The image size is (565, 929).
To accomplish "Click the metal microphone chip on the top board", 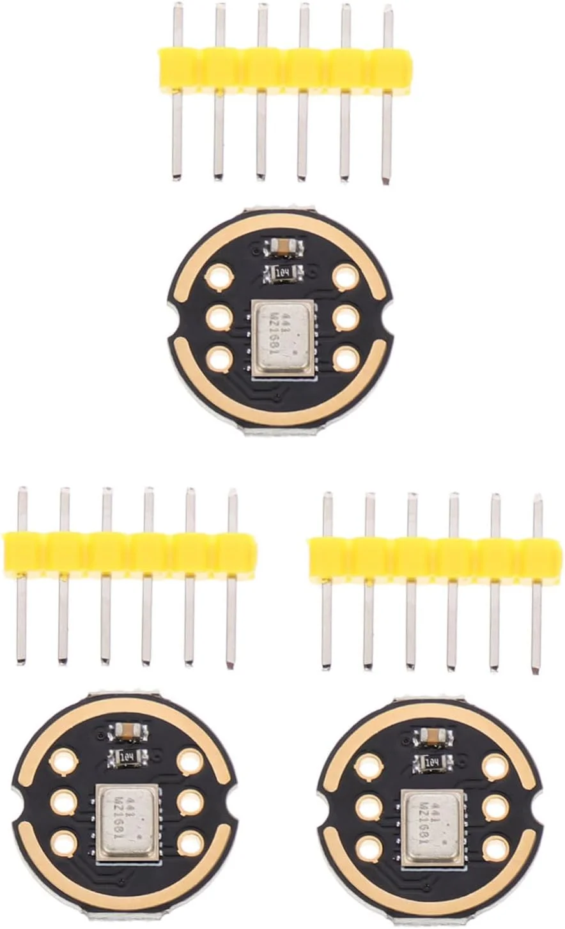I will pos(284,337).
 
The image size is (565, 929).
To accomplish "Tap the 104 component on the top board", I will pos(282,273).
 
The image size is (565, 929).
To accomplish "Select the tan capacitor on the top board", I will pos(282,245).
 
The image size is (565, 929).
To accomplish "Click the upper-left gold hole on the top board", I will pos(219,277).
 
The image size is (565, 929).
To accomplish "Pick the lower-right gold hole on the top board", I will pos(346,358).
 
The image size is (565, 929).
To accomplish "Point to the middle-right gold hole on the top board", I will pos(346,318).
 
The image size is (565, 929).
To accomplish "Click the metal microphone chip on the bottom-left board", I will pos(127,820).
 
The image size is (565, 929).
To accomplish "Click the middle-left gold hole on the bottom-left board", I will pos(63,802).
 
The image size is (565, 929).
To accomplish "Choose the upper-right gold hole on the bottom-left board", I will pos(190,761).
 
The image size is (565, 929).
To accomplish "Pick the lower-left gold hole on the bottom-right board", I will pos(369,848).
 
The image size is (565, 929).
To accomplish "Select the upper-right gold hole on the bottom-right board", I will pos(495,766).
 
